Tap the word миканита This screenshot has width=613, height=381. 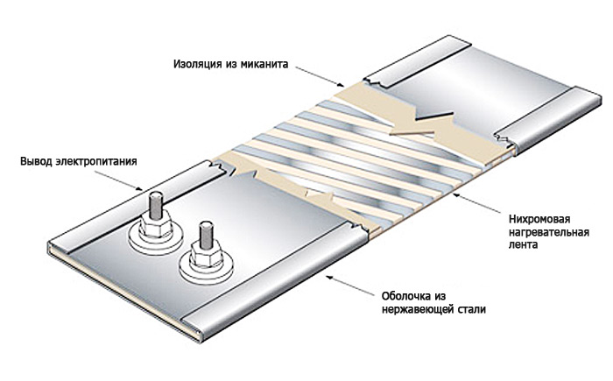pos(263,63)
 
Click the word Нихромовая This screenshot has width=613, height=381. pos(539,219)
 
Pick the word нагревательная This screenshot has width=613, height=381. pos(549,232)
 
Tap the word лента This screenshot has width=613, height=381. pos(523,245)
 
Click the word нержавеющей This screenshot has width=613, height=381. pos(418,309)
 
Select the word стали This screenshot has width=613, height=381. pos(471,309)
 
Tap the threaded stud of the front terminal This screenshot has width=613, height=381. pos(206,235)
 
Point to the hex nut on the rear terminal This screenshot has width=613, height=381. pos(156,224)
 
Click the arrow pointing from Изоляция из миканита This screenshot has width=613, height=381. pos(320,75)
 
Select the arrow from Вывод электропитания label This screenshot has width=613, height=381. pos(123,180)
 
